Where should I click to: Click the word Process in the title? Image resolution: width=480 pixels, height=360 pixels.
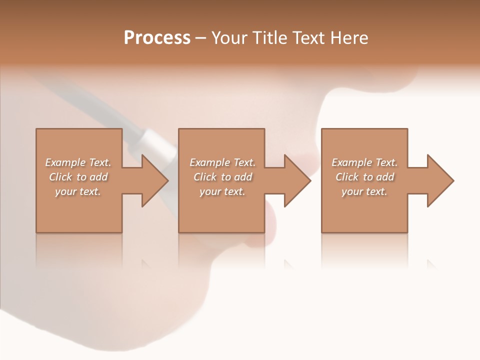coord(157,38)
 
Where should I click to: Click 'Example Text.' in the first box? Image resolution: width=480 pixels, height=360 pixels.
coord(78,162)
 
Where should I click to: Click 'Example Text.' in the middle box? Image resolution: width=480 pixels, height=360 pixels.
coord(222,162)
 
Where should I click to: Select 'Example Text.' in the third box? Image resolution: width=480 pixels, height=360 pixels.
coord(364,162)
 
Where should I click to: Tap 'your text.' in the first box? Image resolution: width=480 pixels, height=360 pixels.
coord(78,191)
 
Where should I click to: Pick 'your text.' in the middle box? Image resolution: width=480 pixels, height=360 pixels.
coord(222,191)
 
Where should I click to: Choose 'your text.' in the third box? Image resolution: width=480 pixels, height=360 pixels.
coord(364,191)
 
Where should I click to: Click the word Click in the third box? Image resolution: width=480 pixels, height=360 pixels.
coord(347,177)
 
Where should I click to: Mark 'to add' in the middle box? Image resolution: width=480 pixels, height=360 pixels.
coord(236,177)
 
